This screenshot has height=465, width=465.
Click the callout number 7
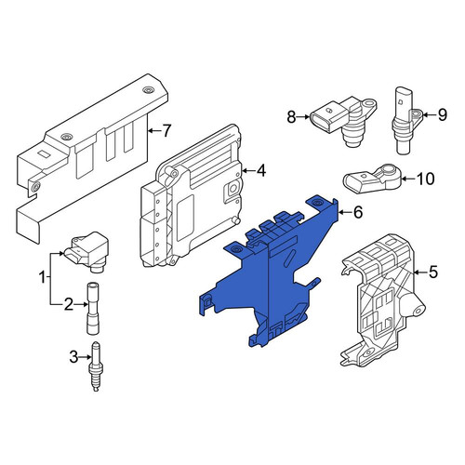tap(166, 131)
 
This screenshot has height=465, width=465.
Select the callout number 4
tap(261, 170)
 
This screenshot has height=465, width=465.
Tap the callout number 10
tap(425, 179)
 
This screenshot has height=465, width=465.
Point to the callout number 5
tap(432, 272)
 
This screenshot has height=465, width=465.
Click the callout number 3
tap(73, 357)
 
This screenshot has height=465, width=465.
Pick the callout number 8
tap(291, 117)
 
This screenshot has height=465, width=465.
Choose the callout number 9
tap(443, 115)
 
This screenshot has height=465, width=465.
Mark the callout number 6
tap(358, 212)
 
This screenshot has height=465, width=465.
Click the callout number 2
tap(69, 305)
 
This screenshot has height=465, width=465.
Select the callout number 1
tap(42, 277)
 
